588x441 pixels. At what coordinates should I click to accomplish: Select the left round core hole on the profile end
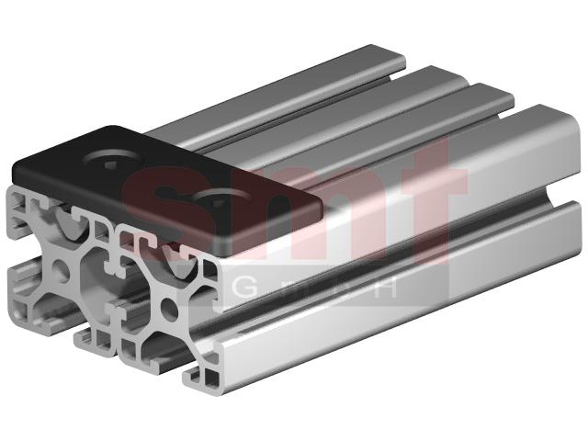coord(60,271)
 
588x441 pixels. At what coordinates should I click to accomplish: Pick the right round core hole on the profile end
coord(168,308)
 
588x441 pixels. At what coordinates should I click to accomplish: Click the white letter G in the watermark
coord(245,288)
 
